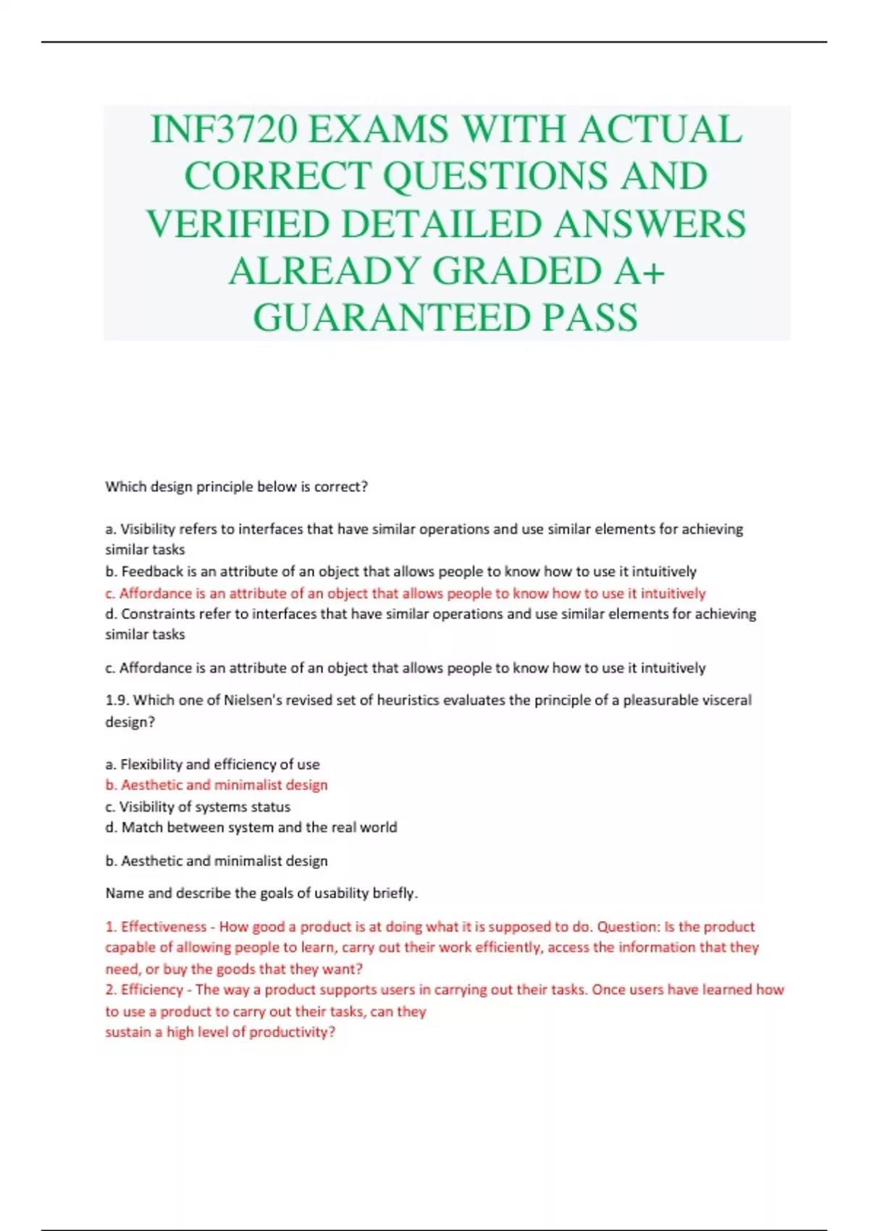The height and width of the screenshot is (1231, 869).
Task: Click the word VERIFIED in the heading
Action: (237, 224)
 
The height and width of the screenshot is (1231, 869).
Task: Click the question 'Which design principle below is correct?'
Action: (236, 487)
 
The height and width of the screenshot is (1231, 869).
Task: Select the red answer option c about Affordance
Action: (405, 593)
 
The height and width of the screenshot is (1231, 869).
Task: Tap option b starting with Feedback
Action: (400, 571)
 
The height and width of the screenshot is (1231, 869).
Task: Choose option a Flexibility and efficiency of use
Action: (212, 764)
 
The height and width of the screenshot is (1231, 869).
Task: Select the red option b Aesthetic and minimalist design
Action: (217, 785)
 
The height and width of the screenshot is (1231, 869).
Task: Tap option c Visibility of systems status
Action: (198, 807)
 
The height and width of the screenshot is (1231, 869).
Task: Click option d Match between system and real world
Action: (251, 827)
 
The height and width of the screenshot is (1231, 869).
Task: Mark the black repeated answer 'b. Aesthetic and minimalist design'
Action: (217, 861)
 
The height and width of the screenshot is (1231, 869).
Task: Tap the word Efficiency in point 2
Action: (151, 990)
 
